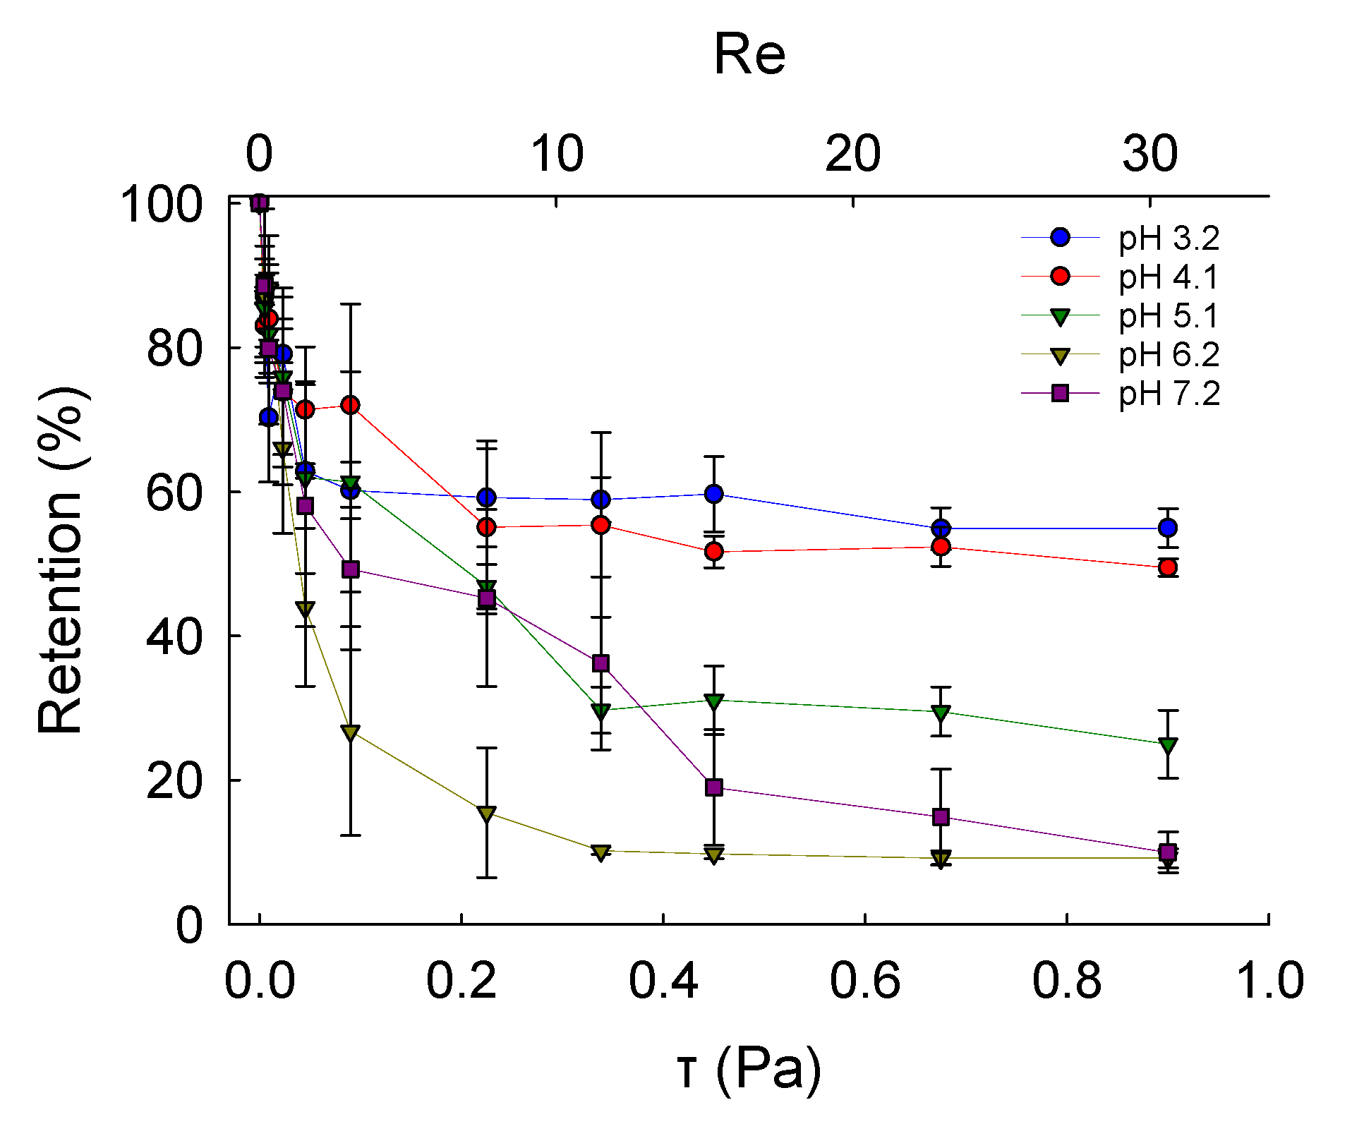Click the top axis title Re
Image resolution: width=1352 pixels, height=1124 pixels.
coord(749,54)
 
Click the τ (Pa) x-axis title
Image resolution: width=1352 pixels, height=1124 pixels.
coord(749,1068)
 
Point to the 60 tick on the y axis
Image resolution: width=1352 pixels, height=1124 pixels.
coord(174,492)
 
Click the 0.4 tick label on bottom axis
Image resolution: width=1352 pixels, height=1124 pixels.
coord(663,980)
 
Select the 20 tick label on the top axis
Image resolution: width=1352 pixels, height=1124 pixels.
coord(852,153)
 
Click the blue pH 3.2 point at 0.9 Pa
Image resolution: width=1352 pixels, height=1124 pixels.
coord(1168,528)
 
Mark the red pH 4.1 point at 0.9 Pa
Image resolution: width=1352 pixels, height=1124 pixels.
coord(1168,567)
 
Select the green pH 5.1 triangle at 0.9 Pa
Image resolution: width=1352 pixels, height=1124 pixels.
coord(1168,746)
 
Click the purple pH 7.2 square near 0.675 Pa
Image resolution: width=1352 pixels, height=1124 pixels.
coord(941,817)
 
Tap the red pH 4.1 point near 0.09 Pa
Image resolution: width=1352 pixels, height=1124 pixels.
coord(350,405)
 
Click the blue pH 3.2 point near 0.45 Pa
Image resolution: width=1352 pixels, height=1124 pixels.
coord(714,493)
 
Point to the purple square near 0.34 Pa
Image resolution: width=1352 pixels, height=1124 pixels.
coord(600,663)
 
